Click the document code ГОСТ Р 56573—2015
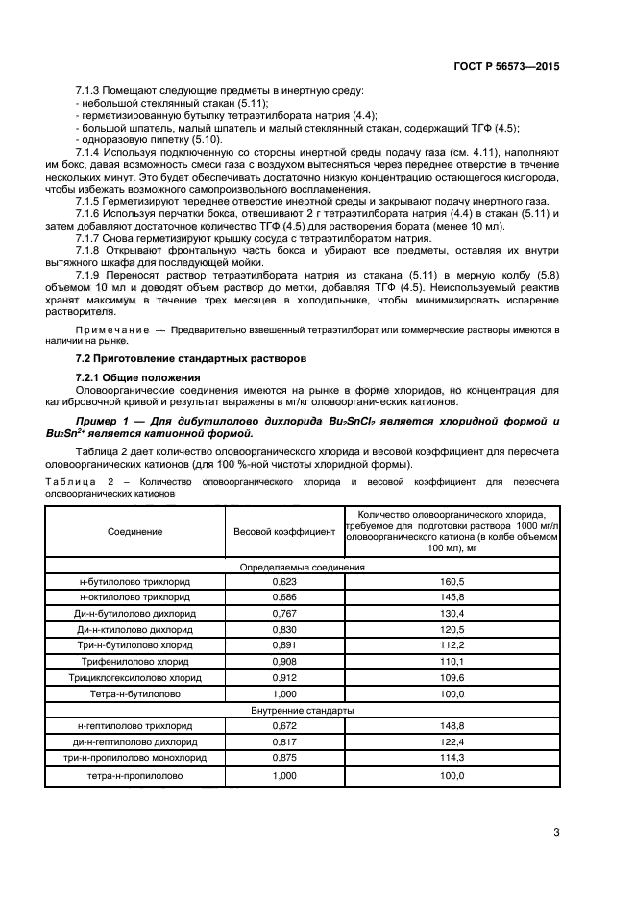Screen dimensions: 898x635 [506, 67]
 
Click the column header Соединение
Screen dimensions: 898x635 [134, 531]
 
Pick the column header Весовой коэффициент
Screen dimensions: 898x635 [284, 531]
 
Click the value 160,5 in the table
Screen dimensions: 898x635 [452, 581]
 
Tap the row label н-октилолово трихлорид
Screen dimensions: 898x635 [134, 596]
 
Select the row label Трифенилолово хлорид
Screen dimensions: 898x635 [134, 662]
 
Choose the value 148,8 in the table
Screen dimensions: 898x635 [452, 726]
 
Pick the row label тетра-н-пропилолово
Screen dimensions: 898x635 [134, 775]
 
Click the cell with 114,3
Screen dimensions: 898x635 [452, 759]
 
